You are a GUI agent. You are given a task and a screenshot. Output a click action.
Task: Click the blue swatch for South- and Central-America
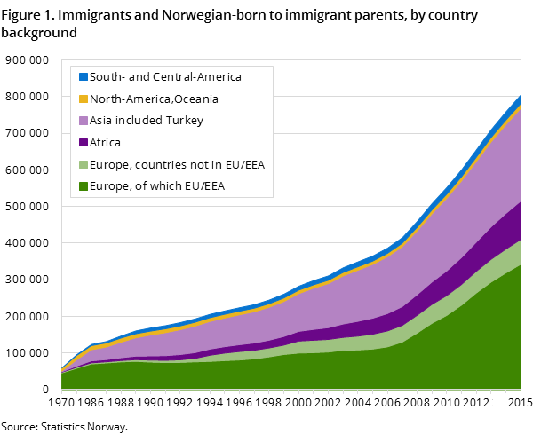(84, 77)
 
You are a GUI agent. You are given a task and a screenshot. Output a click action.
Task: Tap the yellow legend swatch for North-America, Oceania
(84, 99)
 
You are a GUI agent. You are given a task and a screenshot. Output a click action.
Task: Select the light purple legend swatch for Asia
(84, 121)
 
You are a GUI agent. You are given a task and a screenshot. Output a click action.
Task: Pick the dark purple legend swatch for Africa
(84, 142)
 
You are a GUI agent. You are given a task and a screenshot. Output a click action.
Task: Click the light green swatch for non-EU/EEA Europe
(84, 164)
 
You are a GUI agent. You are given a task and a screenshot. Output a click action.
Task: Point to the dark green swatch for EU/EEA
(84, 186)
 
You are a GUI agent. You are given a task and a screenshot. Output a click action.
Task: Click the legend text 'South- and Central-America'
(166, 77)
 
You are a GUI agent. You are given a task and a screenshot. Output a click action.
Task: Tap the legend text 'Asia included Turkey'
(147, 121)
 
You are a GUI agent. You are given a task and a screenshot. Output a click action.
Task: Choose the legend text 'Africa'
(106, 142)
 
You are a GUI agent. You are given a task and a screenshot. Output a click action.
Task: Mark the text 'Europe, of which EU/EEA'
(156, 186)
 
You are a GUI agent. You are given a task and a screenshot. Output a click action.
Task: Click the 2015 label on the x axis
(521, 404)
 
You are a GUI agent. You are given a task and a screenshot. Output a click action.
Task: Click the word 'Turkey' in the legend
(186, 121)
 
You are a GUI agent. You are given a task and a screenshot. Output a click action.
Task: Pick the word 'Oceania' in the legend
(195, 99)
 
